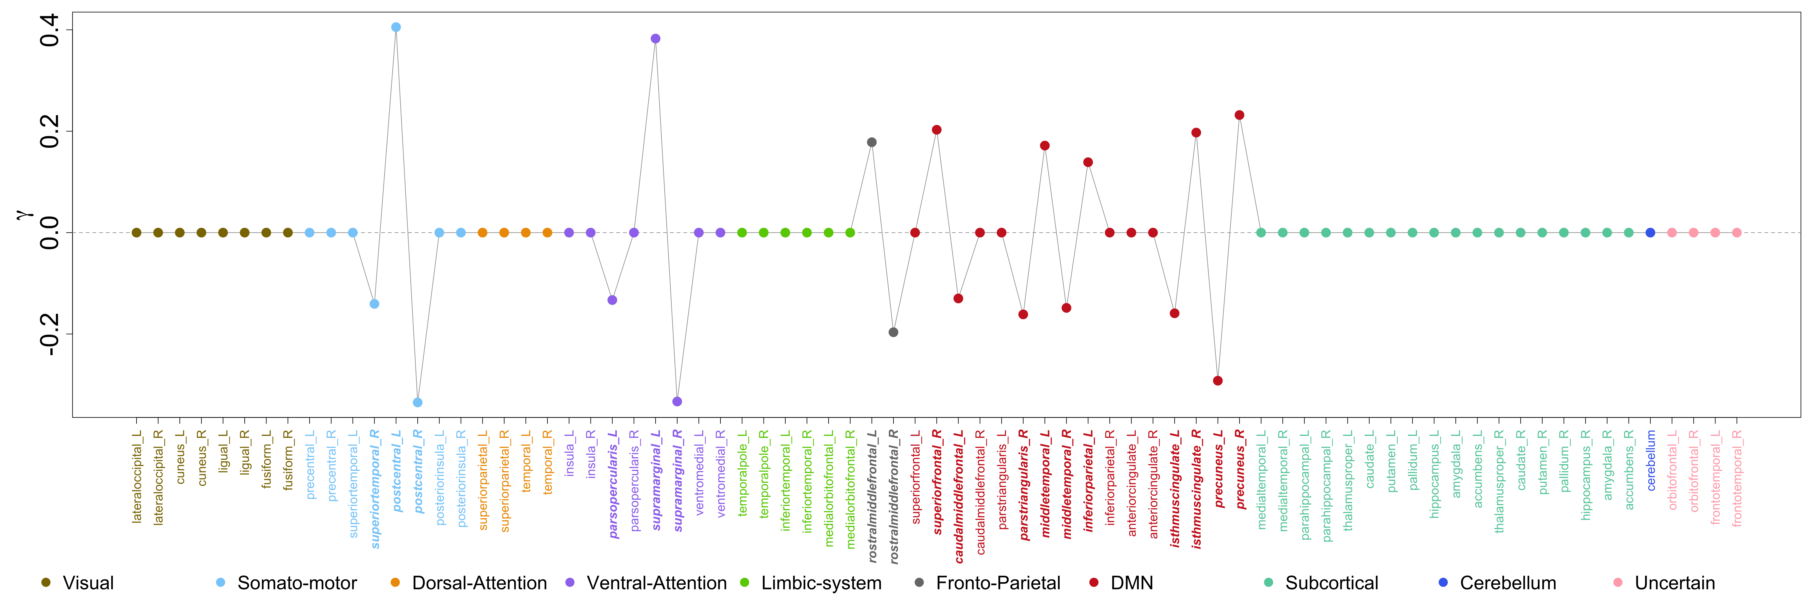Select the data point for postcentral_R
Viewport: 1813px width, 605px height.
[417, 402]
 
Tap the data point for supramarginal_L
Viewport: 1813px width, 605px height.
[655, 39]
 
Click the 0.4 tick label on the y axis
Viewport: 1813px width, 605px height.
[49, 30]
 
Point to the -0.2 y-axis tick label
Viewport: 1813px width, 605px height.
[49, 334]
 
